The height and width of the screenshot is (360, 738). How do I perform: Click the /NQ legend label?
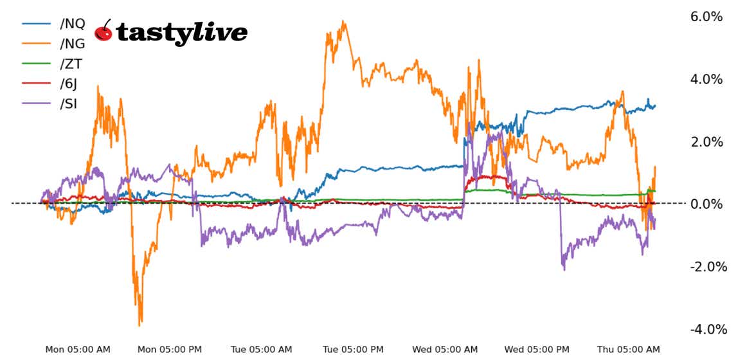click(x=72, y=24)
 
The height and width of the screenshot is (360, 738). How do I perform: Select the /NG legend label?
click(x=72, y=44)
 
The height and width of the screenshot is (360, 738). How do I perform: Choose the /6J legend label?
click(x=70, y=83)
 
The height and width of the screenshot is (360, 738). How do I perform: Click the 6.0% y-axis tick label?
click(x=706, y=17)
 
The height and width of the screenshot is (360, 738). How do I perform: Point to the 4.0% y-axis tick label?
click(x=706, y=80)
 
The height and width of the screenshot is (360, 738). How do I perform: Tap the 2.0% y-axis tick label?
click(x=706, y=142)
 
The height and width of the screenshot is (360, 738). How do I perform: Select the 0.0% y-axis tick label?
click(x=706, y=204)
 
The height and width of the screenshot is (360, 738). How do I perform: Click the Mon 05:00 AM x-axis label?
click(x=78, y=350)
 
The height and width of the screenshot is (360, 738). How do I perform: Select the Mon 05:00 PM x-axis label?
click(x=170, y=350)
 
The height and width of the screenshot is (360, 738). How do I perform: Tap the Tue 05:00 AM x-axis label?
click(x=262, y=350)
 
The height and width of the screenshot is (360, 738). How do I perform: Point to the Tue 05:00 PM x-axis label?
click(x=354, y=350)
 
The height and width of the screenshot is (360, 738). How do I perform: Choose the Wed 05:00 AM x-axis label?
click(x=446, y=350)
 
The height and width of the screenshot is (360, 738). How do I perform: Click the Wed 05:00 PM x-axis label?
click(x=537, y=350)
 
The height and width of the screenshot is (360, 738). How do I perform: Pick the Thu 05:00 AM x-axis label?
click(x=628, y=350)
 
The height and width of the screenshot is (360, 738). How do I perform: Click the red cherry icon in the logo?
click(x=104, y=31)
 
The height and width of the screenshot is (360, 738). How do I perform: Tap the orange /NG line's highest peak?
click(x=344, y=21)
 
